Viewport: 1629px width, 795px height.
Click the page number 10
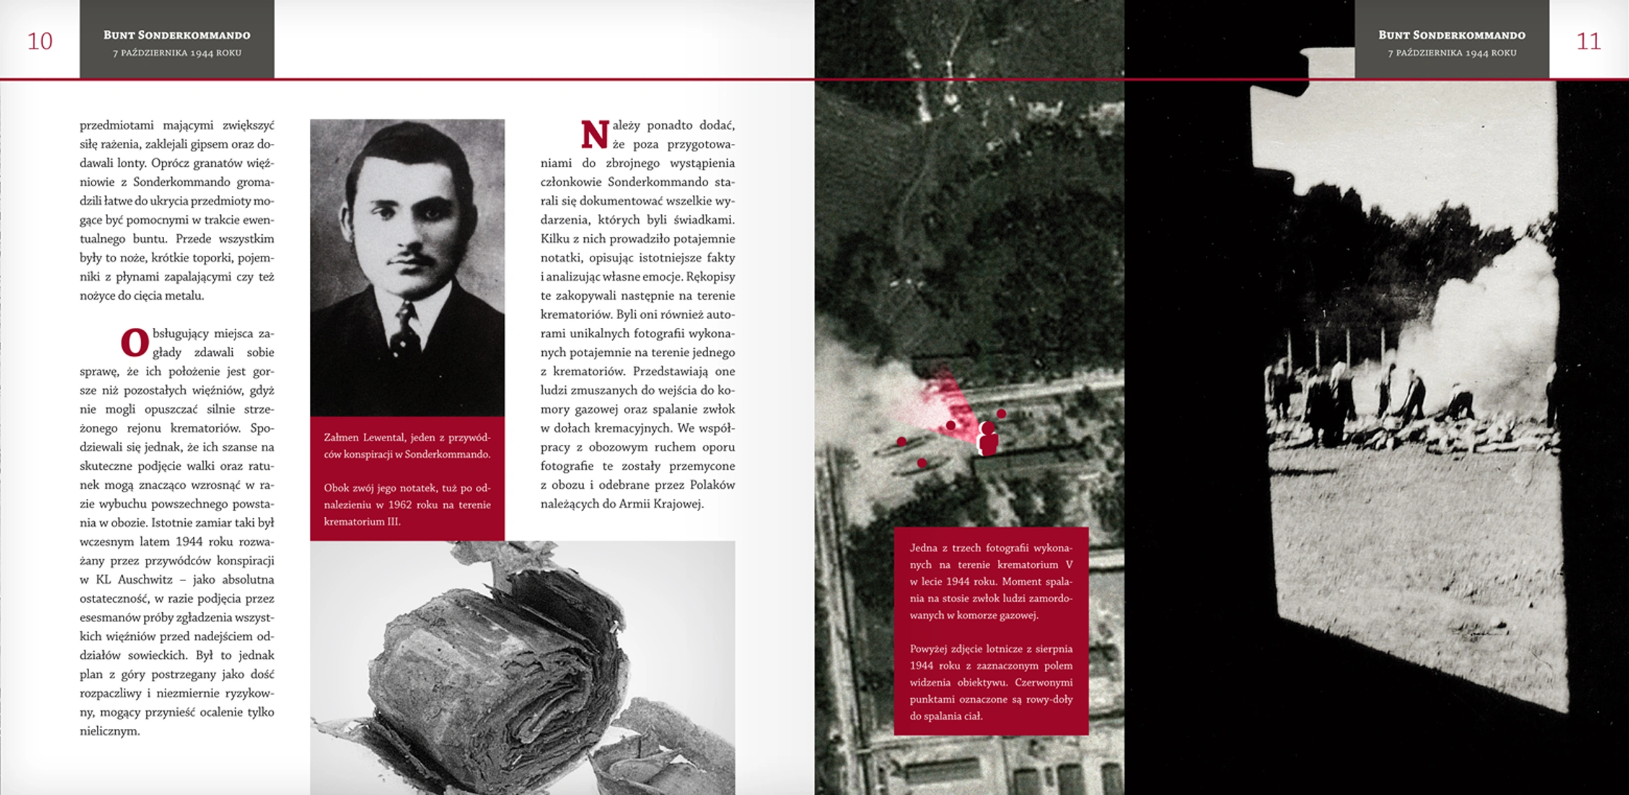pos(39,41)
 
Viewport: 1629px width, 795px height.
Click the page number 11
pos(1588,41)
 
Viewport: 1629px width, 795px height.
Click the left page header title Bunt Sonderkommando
pos(177,35)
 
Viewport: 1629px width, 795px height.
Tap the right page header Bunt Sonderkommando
pos(1452,35)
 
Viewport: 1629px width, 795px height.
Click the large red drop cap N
pos(595,134)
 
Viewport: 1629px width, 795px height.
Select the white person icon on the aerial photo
pos(988,438)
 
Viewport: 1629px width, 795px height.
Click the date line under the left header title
pos(177,53)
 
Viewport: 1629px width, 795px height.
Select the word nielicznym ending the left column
pos(109,731)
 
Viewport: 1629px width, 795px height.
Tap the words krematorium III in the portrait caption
pos(362,521)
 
